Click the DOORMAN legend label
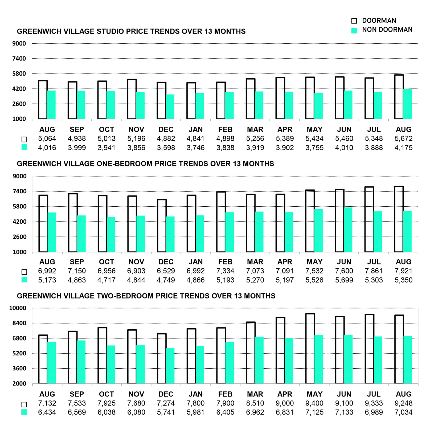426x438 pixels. (x=379, y=21)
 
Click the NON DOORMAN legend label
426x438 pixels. (x=387, y=30)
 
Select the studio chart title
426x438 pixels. (x=131, y=31)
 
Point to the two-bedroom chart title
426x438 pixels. (x=146, y=296)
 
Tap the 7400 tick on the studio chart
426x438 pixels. (x=19, y=59)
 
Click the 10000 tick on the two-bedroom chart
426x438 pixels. (x=18, y=308)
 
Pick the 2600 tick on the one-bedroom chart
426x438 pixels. (x=20, y=237)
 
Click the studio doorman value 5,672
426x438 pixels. (x=403, y=138)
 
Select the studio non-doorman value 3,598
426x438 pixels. (x=166, y=148)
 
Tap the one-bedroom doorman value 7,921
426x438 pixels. (x=403, y=271)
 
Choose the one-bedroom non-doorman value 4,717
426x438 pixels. (x=106, y=280)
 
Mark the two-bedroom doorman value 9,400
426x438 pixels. (x=314, y=403)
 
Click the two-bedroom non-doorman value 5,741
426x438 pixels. (x=166, y=412)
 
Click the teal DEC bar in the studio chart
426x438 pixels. (x=170, y=107)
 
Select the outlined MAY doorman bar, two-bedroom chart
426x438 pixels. (x=310, y=349)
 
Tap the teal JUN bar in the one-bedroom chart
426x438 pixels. (x=348, y=230)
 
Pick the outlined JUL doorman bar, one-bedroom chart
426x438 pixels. (x=369, y=219)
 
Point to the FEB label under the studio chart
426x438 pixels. (x=225, y=129)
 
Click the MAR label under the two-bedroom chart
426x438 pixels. (x=255, y=394)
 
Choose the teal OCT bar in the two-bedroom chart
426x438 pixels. (x=111, y=365)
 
